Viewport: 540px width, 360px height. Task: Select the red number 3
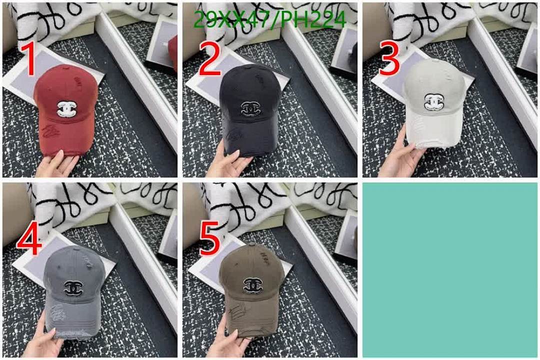(389, 59)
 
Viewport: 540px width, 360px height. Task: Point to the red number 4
(28, 239)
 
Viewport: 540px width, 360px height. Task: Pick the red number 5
(209, 239)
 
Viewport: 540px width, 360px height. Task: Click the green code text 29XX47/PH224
(270, 20)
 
